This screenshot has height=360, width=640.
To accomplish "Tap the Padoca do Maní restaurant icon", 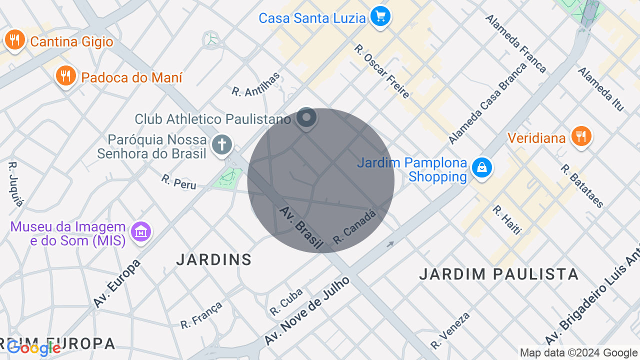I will (x=65, y=76).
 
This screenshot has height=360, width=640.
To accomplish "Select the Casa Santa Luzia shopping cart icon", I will (x=380, y=17).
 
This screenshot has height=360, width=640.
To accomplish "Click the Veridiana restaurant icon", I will (x=580, y=136).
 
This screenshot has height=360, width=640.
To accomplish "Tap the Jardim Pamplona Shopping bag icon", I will (x=482, y=168).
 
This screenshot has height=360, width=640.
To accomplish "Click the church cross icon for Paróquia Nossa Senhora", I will (x=221, y=145).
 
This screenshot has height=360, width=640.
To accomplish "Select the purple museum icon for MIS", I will (x=141, y=232).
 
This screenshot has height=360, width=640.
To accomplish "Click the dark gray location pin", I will (x=306, y=118).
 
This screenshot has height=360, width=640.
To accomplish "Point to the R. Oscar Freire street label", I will (x=382, y=71).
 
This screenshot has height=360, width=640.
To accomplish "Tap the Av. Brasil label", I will (x=300, y=227).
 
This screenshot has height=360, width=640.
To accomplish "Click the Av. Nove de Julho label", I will (x=307, y=310).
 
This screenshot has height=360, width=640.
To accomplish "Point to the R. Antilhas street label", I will (x=256, y=83).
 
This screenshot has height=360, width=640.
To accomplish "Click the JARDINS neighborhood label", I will (x=214, y=259).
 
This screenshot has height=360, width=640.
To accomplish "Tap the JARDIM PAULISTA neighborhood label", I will (x=498, y=274).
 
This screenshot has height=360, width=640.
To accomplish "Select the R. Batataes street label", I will (x=582, y=186).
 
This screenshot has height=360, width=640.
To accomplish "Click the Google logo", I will (x=34, y=348).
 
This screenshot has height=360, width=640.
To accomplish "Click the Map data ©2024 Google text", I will (x=578, y=353).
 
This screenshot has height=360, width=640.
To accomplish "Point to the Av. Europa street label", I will (x=117, y=283).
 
